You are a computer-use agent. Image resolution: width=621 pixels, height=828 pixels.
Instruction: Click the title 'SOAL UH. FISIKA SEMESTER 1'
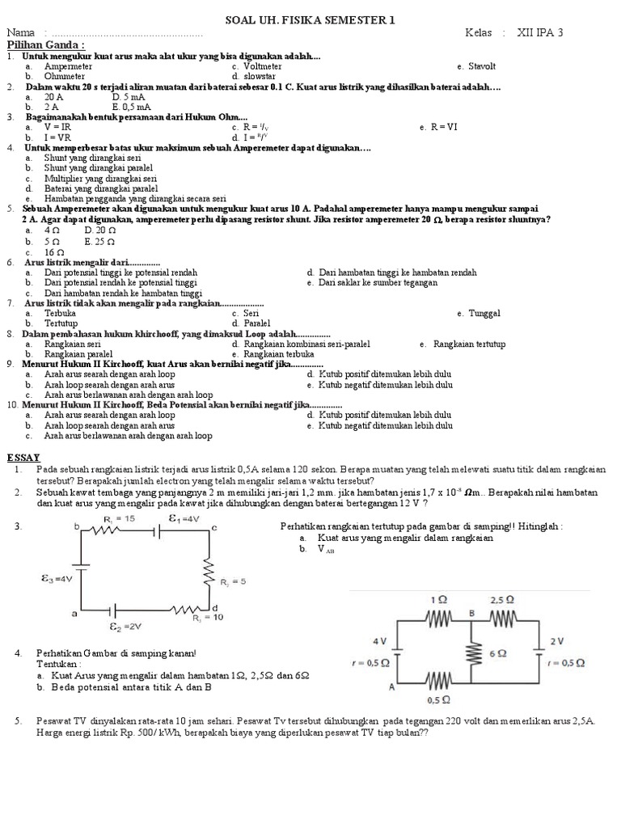pyautogui.click(x=310, y=19)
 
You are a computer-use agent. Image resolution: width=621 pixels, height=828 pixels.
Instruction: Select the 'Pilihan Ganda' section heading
pyautogui.click(x=45, y=45)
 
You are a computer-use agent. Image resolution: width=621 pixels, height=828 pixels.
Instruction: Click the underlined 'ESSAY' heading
pyautogui.click(x=23, y=457)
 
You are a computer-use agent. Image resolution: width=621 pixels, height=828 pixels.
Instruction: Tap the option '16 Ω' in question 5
pyautogui.click(x=55, y=252)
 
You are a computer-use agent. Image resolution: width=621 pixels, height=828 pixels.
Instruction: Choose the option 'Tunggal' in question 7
pyautogui.click(x=485, y=313)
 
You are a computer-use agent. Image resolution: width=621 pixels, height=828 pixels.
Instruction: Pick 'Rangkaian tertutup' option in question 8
pyautogui.click(x=469, y=344)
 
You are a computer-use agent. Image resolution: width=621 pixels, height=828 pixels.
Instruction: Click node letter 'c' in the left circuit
pyautogui.click(x=214, y=528)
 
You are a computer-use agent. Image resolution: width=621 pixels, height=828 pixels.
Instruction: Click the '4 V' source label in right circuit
pyautogui.click(x=380, y=640)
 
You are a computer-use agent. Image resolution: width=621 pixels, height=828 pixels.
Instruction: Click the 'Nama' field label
pyautogui.click(x=23, y=33)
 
